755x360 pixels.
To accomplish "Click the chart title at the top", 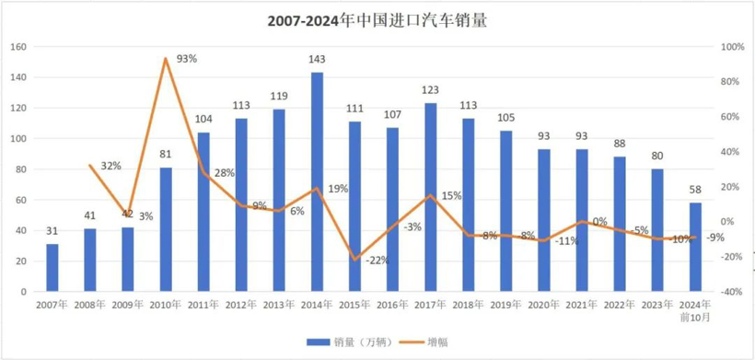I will (x=377, y=20).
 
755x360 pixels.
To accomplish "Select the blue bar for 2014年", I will (x=317, y=181).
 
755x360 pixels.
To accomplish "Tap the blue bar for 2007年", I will (x=52, y=267).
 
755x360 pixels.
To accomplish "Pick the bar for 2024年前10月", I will (x=695, y=247).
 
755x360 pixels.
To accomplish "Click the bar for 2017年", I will (x=430, y=197).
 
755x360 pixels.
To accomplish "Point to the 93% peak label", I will (x=187, y=58).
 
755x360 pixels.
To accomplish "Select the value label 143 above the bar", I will (x=317, y=61).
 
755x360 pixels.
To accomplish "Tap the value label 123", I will (x=430, y=91).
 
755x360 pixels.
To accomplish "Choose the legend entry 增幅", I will (x=428, y=342).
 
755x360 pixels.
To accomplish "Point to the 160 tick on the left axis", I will (x=19, y=47).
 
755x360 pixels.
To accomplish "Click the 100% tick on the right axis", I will (x=731, y=47).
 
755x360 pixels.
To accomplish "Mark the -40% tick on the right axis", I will (x=731, y=292).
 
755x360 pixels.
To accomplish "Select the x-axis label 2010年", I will (x=166, y=304).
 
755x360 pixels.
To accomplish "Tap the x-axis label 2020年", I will (x=543, y=304).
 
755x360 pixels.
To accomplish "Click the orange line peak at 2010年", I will (x=166, y=59).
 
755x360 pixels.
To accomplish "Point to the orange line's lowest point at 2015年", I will (x=354, y=260).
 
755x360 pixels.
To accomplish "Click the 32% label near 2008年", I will (x=110, y=166).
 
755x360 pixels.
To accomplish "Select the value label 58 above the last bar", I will (x=695, y=191).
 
